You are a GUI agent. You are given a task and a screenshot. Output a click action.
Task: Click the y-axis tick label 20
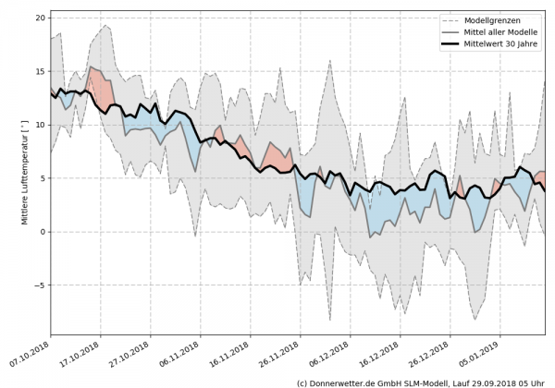(41, 18)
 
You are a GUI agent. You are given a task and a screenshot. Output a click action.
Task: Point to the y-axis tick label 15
(41, 71)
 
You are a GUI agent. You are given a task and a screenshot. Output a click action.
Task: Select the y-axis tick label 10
(41, 125)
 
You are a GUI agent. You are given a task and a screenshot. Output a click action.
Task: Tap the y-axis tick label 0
(43, 232)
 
